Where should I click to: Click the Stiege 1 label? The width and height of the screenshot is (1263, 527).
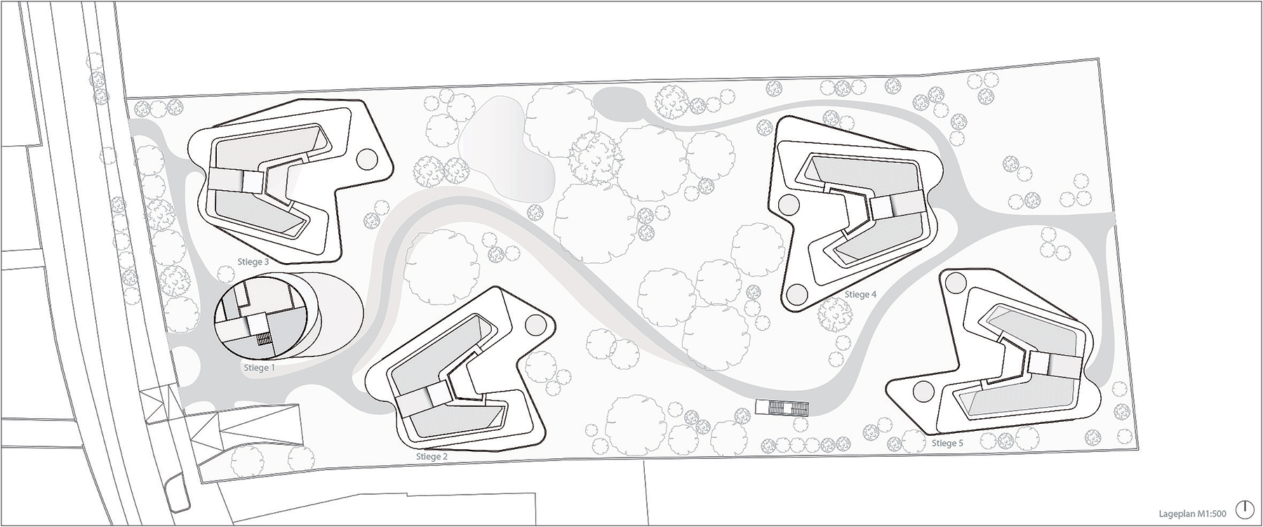pyautogui.click(x=258, y=368)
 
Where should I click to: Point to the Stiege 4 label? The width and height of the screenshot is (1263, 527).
pyautogui.click(x=860, y=295)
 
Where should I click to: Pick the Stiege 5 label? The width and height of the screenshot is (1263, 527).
pyautogui.click(x=947, y=443)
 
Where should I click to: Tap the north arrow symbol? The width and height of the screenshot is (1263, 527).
pyautogui.click(x=1244, y=509)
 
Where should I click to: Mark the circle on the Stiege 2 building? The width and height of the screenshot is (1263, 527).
pyautogui.click(x=535, y=326)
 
